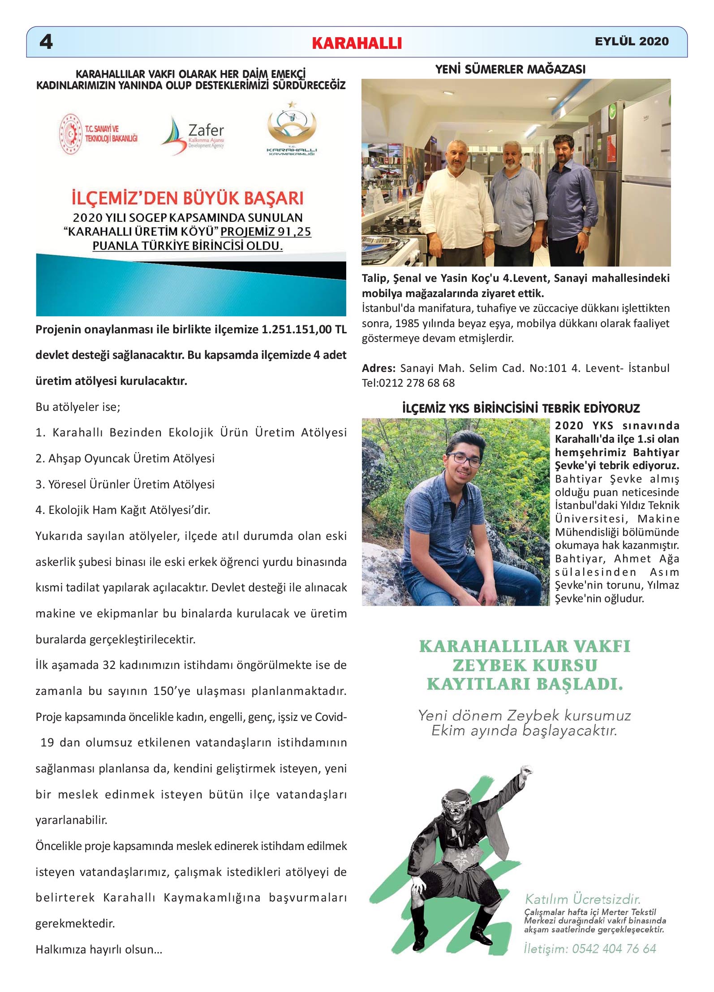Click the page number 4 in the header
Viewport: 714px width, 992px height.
46,42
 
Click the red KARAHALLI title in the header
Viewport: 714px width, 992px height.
357,43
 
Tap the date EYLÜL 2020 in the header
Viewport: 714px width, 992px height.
631,42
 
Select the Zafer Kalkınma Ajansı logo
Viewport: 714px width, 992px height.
193,134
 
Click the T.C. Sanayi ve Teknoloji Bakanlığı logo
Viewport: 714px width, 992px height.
99,134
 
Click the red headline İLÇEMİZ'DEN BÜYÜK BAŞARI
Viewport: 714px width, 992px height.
188,198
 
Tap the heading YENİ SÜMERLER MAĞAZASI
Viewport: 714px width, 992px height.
510,69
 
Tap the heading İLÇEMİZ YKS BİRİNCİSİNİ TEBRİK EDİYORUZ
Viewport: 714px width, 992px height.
521,409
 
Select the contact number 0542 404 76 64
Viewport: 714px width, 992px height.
614,949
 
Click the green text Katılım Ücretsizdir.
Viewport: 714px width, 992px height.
582,899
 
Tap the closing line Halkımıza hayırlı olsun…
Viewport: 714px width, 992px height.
99,949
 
